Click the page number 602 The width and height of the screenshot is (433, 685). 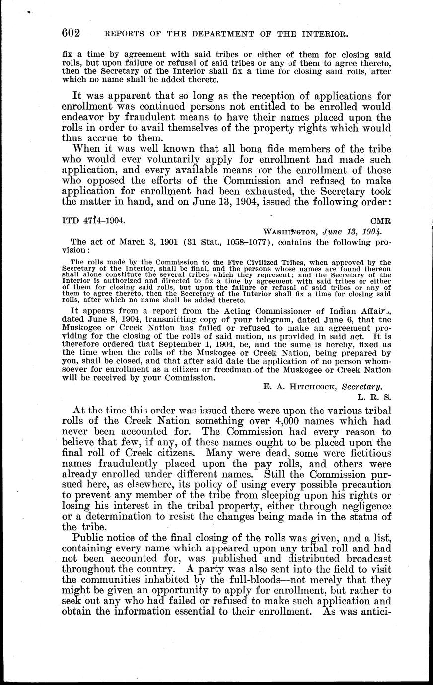coord(71,33)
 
